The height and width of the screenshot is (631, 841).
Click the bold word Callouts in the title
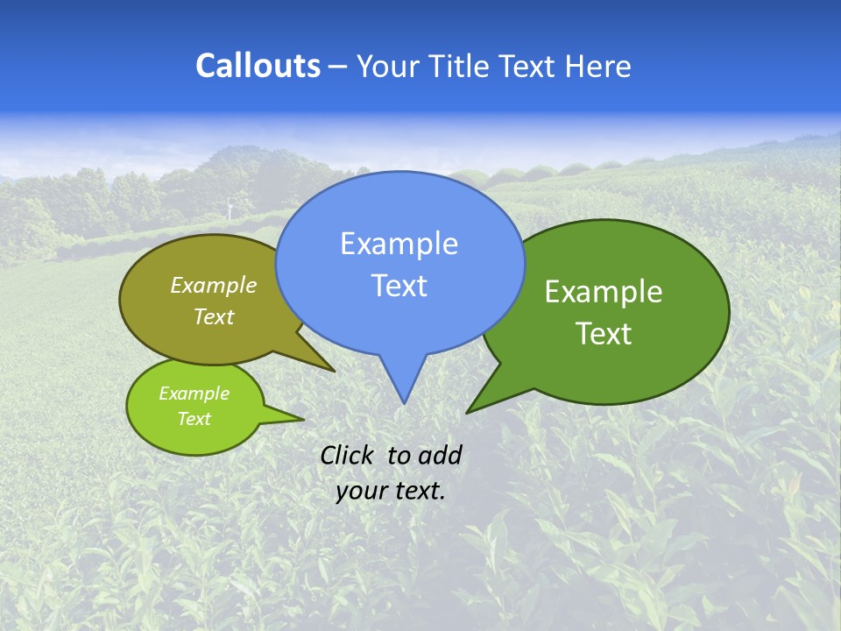[x=258, y=66]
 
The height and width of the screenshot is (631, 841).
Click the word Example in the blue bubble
[x=399, y=244]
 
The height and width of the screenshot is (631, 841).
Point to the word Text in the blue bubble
[x=399, y=286]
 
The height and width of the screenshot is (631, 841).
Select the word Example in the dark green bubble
[x=604, y=292]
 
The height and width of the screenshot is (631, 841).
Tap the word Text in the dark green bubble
[x=604, y=333]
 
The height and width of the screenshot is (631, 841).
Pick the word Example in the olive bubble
[x=213, y=285]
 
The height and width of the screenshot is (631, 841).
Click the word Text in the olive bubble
[x=213, y=316]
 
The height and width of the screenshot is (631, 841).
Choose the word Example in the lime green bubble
[x=194, y=393]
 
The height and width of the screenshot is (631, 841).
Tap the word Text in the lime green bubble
[x=194, y=419]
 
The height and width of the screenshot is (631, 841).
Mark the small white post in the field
[x=230, y=208]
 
